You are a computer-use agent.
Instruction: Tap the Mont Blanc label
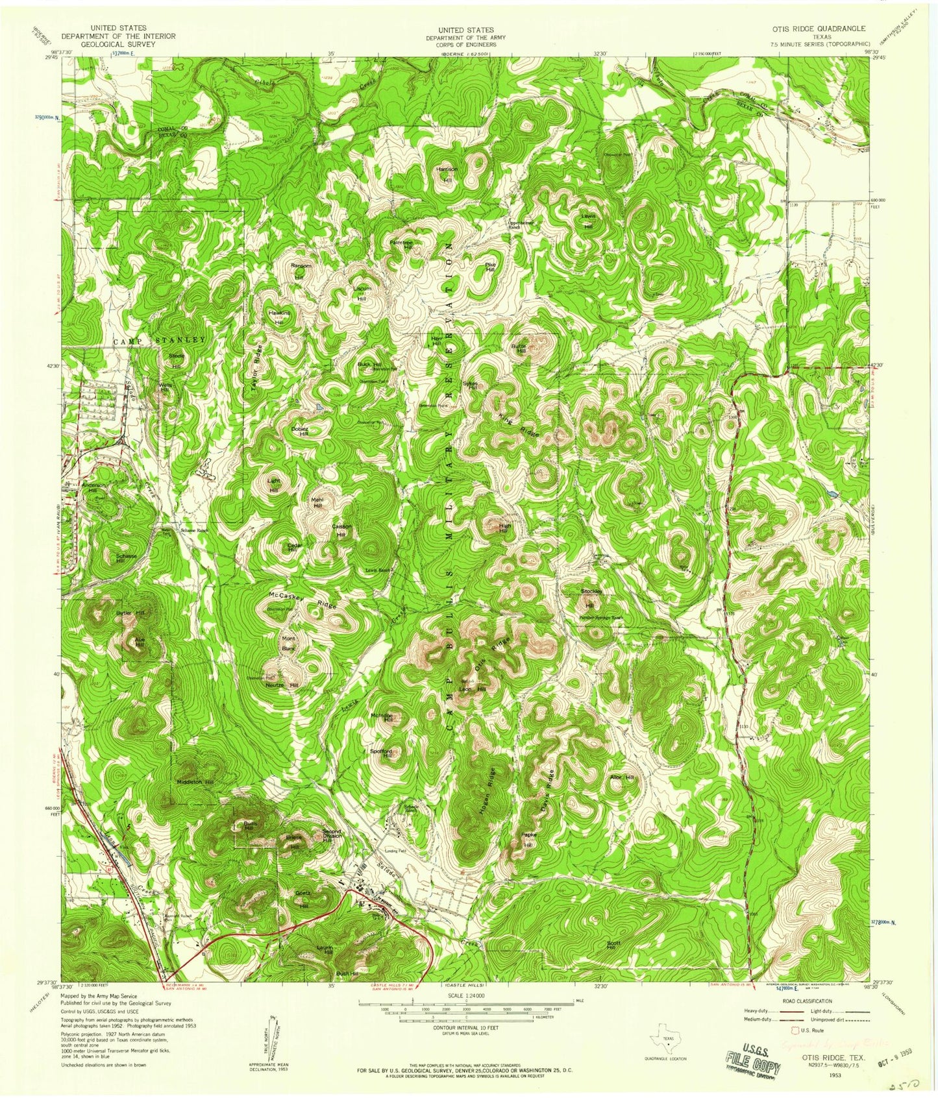tap(288, 642)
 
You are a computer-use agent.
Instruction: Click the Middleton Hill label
tap(195, 783)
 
